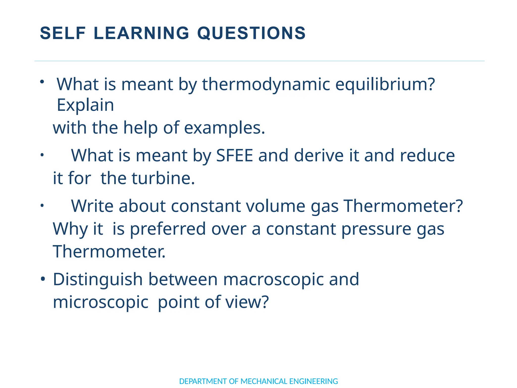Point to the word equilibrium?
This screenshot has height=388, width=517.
(x=385, y=84)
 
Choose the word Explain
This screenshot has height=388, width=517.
(x=85, y=105)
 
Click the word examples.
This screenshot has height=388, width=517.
(x=224, y=128)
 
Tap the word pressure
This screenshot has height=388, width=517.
(x=376, y=229)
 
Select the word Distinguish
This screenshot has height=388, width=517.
(x=98, y=279)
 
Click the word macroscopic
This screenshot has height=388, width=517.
(x=273, y=279)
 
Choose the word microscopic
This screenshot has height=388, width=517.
(x=100, y=302)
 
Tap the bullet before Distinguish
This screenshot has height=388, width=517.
(x=43, y=279)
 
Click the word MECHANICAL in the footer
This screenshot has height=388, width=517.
(x=264, y=381)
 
